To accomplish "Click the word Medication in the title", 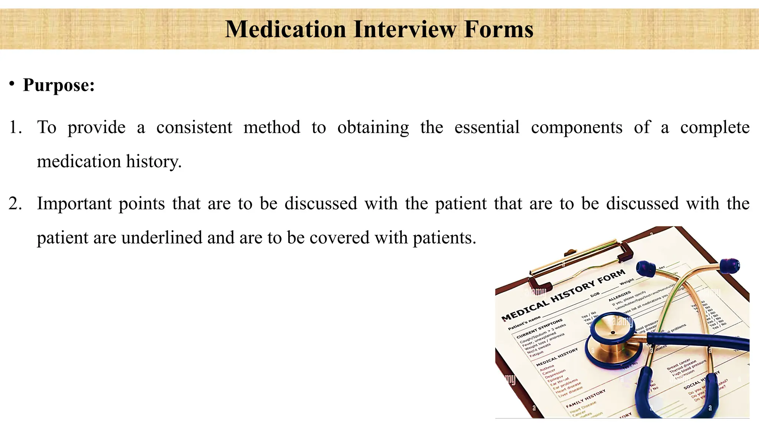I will (x=285, y=29).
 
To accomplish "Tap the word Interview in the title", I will (x=405, y=29).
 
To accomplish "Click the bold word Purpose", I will (x=59, y=85).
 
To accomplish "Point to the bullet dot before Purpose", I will (x=12, y=83).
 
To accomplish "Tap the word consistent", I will (x=194, y=128).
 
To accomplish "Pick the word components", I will (x=577, y=128).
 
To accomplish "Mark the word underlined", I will (x=162, y=238).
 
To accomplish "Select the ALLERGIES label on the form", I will (x=620, y=295).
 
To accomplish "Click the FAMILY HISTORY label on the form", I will (x=586, y=398).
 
